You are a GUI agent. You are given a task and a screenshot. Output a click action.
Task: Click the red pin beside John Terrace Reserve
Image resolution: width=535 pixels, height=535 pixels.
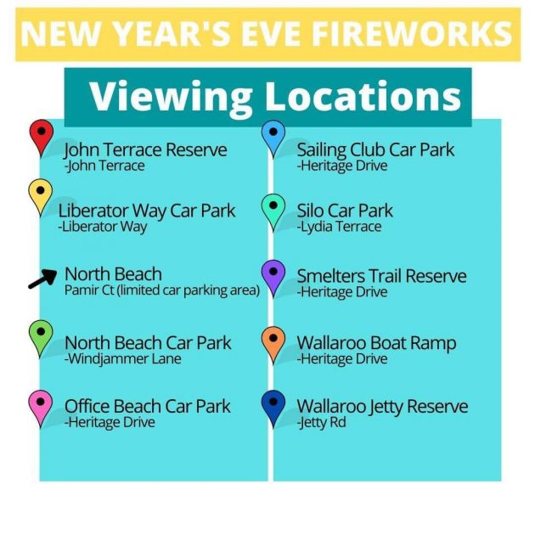[42, 138]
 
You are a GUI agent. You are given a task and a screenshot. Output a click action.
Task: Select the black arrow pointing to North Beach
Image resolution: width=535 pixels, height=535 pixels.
[43, 279]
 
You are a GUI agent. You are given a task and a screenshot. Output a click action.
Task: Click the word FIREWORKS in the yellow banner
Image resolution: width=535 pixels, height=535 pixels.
[412, 33]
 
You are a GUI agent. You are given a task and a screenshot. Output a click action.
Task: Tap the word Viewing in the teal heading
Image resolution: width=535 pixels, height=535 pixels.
[171, 97]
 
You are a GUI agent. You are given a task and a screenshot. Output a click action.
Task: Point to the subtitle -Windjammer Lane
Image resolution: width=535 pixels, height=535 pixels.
[123, 359]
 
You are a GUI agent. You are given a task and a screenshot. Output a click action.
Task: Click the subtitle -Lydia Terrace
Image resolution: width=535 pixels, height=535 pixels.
[339, 227]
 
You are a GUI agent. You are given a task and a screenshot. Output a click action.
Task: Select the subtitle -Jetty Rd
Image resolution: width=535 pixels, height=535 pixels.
[321, 422]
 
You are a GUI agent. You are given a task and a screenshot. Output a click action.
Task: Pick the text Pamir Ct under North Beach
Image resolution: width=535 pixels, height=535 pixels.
[89, 290]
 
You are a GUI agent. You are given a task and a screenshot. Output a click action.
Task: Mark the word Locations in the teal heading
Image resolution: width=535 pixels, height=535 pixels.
[363, 96]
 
